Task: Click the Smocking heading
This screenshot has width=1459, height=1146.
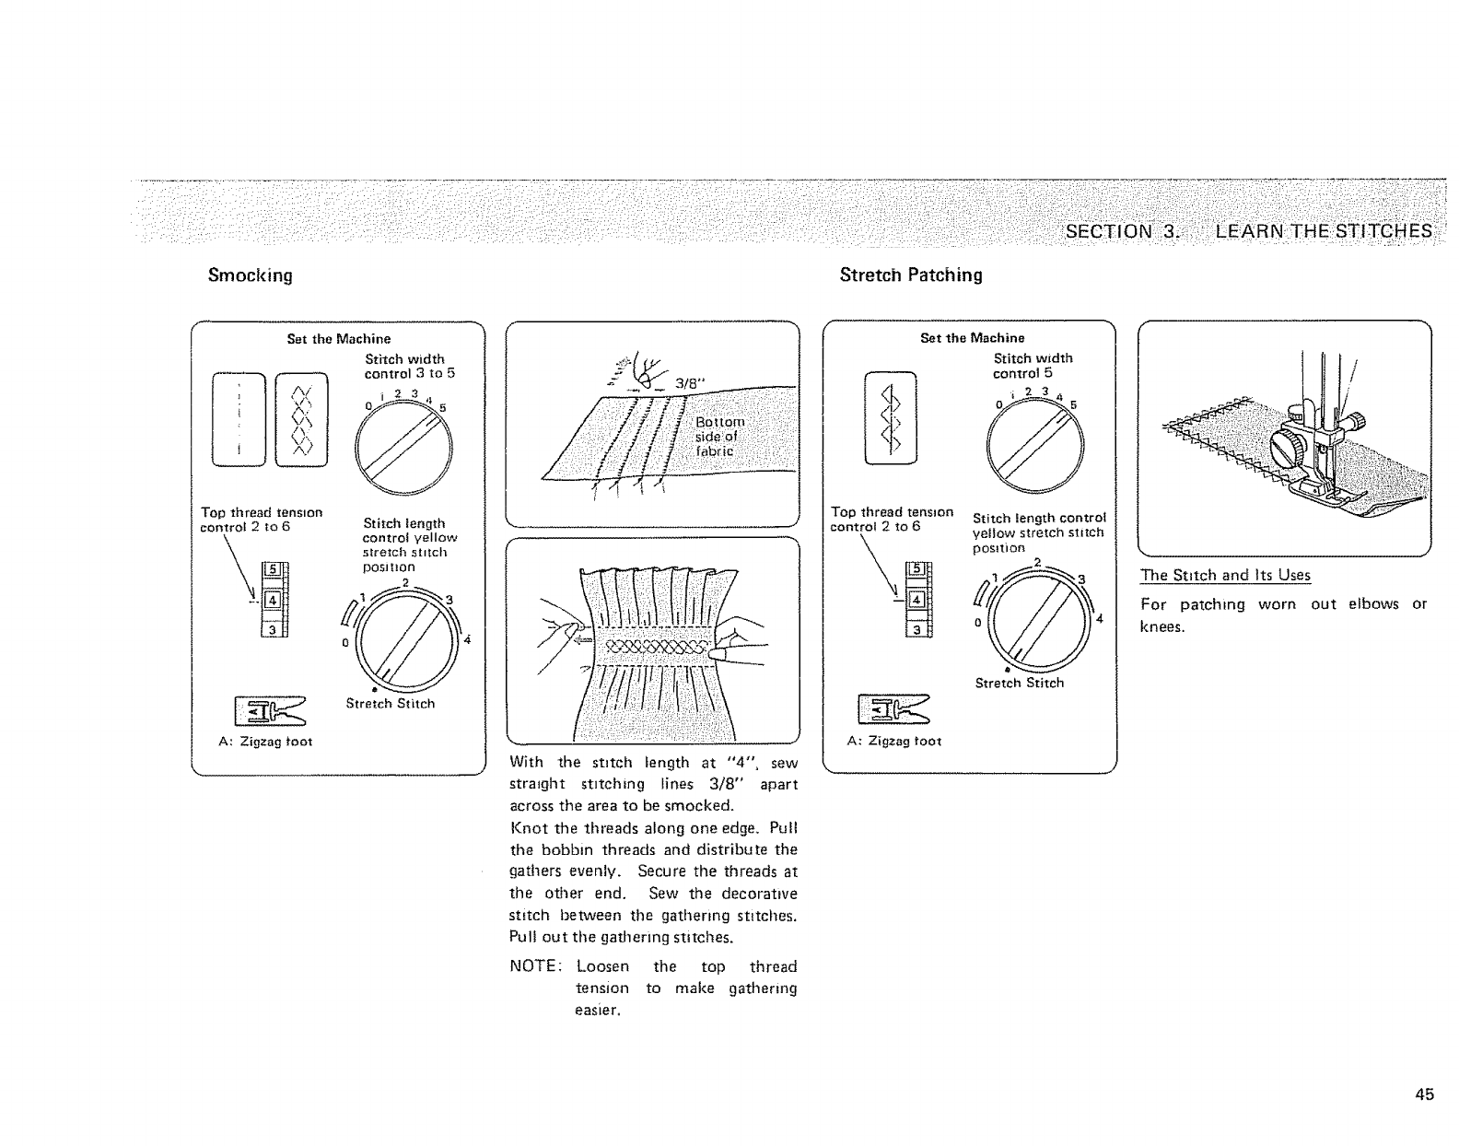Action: coord(250,275)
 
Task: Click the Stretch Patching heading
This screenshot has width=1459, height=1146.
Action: coord(910,275)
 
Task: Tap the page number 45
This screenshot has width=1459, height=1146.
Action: coord(1424,1094)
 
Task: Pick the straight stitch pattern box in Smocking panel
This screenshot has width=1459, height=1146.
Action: coord(238,419)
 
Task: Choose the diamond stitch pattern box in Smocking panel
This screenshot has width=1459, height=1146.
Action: coord(301,419)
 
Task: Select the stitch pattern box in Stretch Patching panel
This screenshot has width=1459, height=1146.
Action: coord(890,417)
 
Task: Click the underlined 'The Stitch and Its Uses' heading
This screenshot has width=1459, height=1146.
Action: coord(1225,576)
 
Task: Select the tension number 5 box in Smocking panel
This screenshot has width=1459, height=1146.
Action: coord(271,569)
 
